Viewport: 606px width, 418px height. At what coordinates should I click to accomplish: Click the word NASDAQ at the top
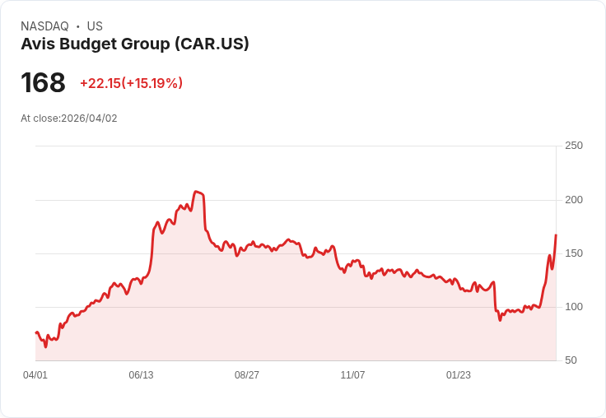point(44,26)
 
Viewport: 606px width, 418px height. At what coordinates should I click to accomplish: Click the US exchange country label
point(95,26)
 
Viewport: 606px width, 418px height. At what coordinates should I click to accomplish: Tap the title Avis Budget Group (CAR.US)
point(135,44)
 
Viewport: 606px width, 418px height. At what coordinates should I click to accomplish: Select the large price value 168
point(43,82)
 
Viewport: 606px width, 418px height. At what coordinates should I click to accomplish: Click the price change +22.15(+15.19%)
point(131,83)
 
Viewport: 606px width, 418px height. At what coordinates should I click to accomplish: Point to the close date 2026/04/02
point(89,118)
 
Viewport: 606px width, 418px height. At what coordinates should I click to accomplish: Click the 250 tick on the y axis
point(573,146)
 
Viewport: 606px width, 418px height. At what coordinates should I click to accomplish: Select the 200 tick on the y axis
point(573,200)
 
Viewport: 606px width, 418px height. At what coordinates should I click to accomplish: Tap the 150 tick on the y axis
point(573,253)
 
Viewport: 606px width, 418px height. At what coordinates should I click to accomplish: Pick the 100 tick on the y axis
point(573,307)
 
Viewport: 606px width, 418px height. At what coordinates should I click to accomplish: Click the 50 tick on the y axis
point(571,360)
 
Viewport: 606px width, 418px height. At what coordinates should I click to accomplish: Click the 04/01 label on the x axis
point(35,375)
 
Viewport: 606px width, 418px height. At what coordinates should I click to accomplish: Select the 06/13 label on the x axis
point(141,375)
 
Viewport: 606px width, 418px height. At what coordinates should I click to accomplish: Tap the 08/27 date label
point(247,375)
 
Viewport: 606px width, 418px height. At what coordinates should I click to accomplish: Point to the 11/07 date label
point(352,375)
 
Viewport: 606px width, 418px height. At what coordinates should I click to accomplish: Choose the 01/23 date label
point(459,375)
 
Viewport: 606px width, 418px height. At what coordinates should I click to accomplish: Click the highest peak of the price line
point(196,192)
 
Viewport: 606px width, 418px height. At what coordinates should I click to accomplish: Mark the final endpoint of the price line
point(556,235)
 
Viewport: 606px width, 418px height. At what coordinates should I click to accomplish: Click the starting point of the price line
point(35,332)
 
